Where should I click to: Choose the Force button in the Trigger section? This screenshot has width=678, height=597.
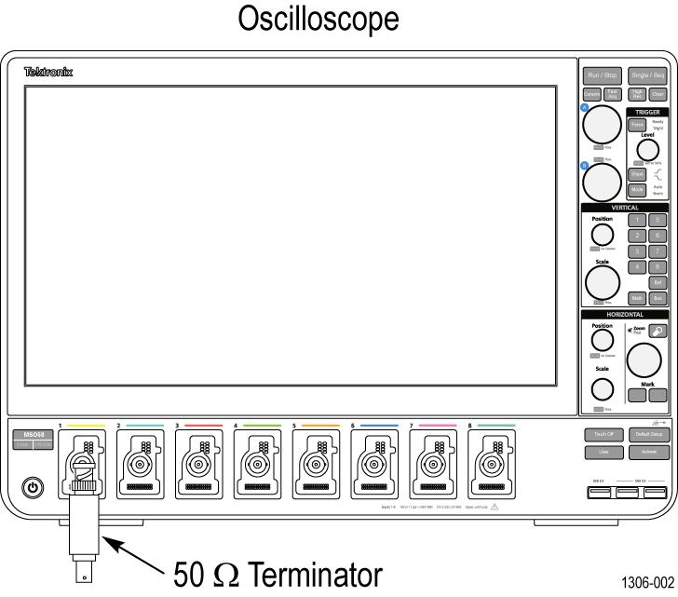click(x=611, y=124)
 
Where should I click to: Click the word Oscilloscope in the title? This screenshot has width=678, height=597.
click(x=338, y=19)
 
